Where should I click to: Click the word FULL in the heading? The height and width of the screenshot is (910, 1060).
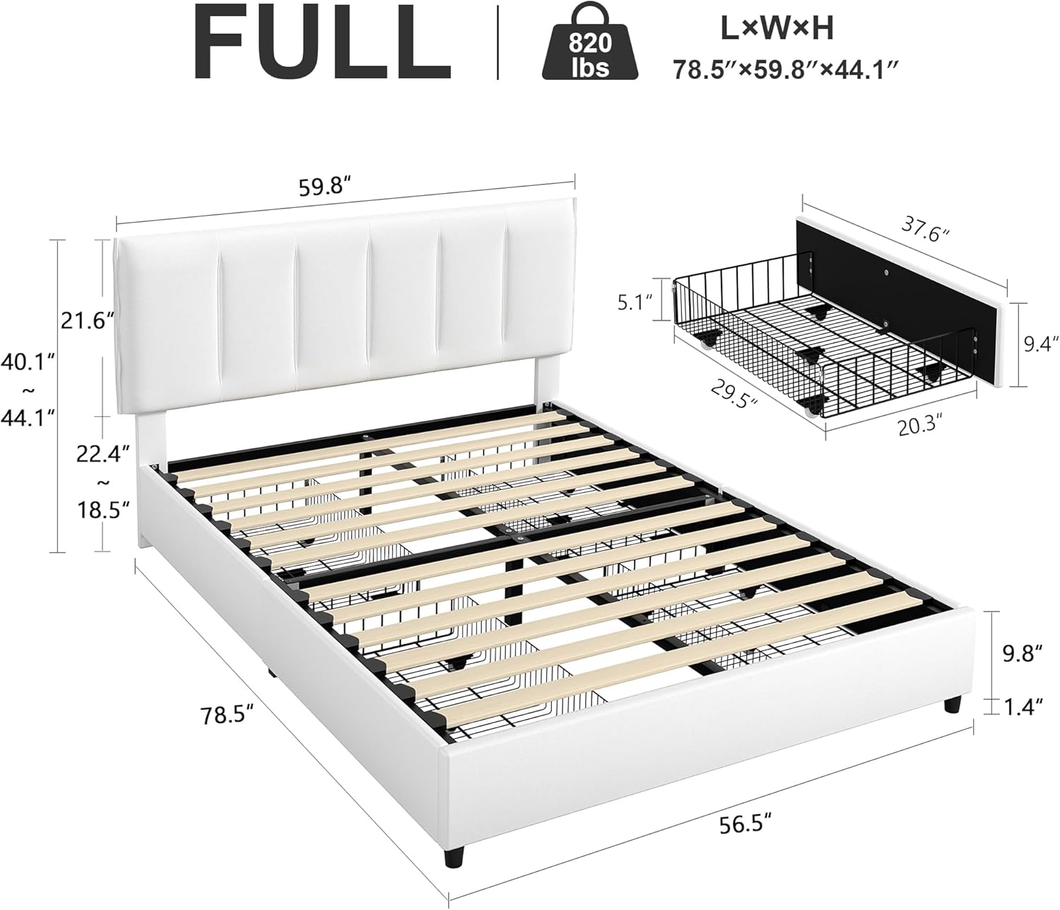coord(322,44)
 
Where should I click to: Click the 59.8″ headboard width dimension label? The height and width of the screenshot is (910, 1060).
coord(325,187)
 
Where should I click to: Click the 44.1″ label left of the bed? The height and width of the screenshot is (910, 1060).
coord(29,419)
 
